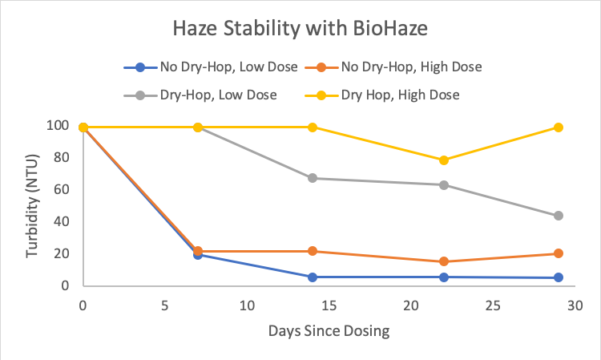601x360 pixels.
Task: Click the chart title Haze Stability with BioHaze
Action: pyautogui.click(x=300, y=30)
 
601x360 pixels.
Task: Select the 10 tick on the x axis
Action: pyautogui.click(x=247, y=305)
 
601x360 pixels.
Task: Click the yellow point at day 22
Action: pyautogui.click(x=444, y=160)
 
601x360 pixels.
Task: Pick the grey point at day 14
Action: pyautogui.click(x=313, y=178)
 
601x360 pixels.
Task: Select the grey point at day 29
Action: pyautogui.click(x=559, y=216)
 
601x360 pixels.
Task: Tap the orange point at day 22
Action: pyautogui.click(x=444, y=261)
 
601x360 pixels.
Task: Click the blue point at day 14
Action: pyautogui.click(x=313, y=277)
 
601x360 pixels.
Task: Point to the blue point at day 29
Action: pyautogui.click(x=559, y=278)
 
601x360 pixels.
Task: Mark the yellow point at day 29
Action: pyautogui.click(x=559, y=127)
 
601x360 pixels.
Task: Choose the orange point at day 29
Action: pyautogui.click(x=559, y=253)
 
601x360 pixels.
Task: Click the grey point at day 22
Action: pyautogui.click(x=444, y=185)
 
